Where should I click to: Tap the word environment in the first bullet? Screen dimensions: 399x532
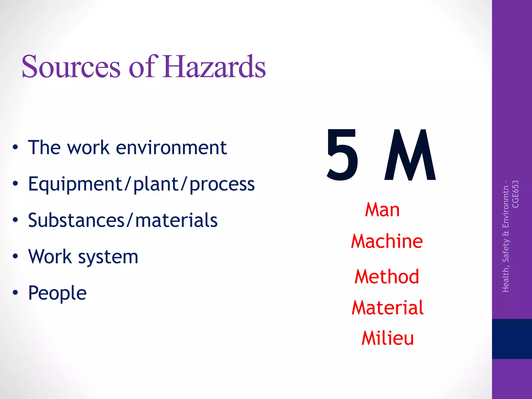tap(171, 148)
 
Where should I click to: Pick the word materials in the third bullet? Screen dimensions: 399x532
tap(176, 220)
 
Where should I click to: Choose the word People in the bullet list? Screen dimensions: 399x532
tap(57, 293)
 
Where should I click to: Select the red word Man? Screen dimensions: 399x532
tap(382, 210)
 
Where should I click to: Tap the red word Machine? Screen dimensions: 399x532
tap(387, 241)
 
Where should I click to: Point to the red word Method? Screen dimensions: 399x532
tap(387, 277)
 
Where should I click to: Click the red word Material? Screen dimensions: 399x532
tap(388, 308)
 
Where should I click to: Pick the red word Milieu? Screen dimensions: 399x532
tap(388, 338)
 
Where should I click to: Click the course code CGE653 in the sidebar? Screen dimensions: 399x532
tap(515, 194)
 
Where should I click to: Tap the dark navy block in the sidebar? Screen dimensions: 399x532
tap(512, 339)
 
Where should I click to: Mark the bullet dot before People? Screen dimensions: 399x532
tap(16, 292)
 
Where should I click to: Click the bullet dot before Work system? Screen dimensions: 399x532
tap(16, 256)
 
